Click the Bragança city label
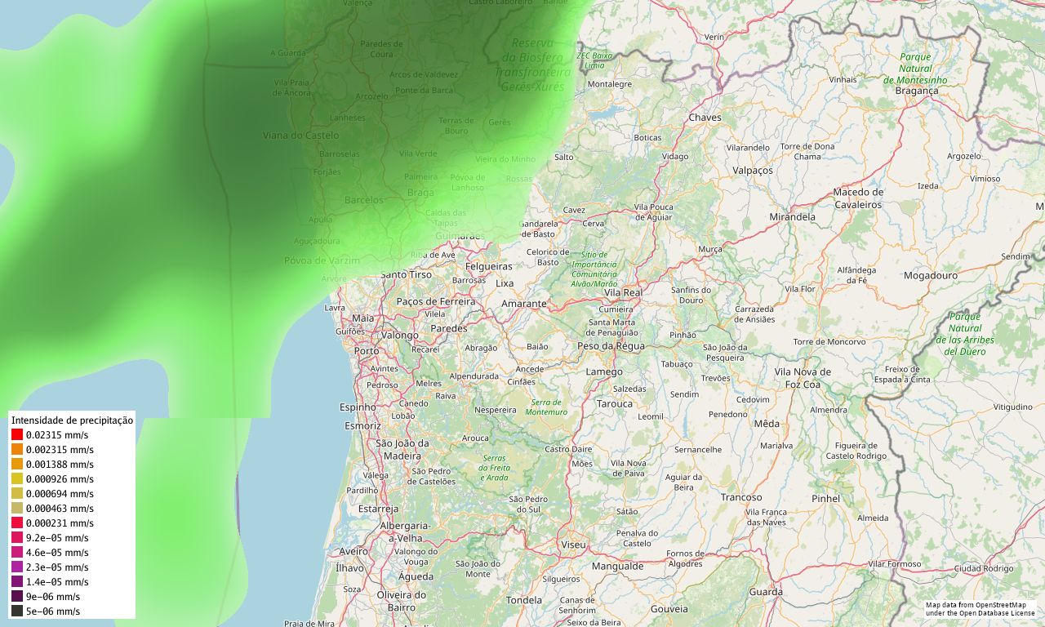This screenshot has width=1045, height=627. [916, 91]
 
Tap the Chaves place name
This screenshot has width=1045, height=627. [705, 118]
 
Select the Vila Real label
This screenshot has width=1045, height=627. [623, 292]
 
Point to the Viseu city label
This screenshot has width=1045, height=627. [573, 544]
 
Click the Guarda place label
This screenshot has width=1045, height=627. [766, 592]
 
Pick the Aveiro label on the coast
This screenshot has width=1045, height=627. [354, 552]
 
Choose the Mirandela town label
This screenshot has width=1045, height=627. [792, 217]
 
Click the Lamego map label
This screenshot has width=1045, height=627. [604, 372]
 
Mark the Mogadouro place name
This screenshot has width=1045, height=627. [931, 276]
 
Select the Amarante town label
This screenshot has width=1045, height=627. [523, 304]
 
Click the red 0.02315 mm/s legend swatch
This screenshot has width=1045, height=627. [17, 435]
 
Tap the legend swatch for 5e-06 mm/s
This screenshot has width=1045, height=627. [17, 611]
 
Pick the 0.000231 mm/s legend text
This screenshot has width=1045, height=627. [60, 523]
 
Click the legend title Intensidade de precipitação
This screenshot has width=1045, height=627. [72, 420]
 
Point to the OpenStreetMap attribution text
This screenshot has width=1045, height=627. [980, 608]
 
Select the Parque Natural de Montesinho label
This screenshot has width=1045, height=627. [915, 69]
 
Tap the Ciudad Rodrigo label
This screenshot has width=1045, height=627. [984, 568]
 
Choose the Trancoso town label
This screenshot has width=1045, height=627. [741, 497]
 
